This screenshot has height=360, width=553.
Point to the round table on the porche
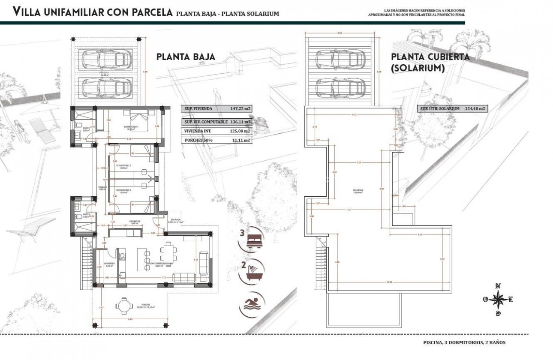124,306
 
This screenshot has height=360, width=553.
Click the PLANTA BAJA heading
186,57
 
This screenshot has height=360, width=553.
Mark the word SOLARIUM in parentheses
418,68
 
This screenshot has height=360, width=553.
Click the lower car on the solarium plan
340,88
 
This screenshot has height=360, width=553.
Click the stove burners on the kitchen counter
123,257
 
